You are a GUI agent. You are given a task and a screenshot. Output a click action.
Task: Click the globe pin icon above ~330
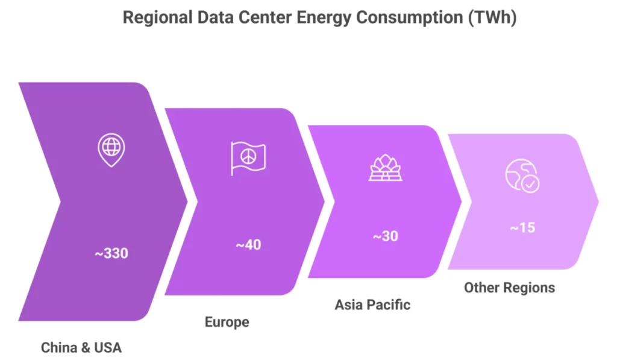point(111,150)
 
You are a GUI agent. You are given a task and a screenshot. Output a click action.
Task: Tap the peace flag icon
point(247,158)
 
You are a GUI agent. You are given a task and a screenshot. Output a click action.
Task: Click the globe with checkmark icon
point(522,175)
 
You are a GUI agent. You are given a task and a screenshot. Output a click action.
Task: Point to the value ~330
point(111,253)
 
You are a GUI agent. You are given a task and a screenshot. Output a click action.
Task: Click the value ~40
point(248,245)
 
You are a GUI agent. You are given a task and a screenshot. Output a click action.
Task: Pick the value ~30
point(385,236)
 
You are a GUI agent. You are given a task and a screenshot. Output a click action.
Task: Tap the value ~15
point(522,229)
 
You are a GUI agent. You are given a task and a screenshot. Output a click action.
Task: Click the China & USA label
point(81,347)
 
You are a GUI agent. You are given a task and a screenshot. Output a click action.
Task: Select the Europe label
point(227,322)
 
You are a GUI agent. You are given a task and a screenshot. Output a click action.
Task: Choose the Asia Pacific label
point(372,304)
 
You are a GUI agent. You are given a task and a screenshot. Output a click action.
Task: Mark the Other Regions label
point(509,287)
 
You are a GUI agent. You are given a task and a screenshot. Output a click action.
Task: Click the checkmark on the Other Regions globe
point(530,185)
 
